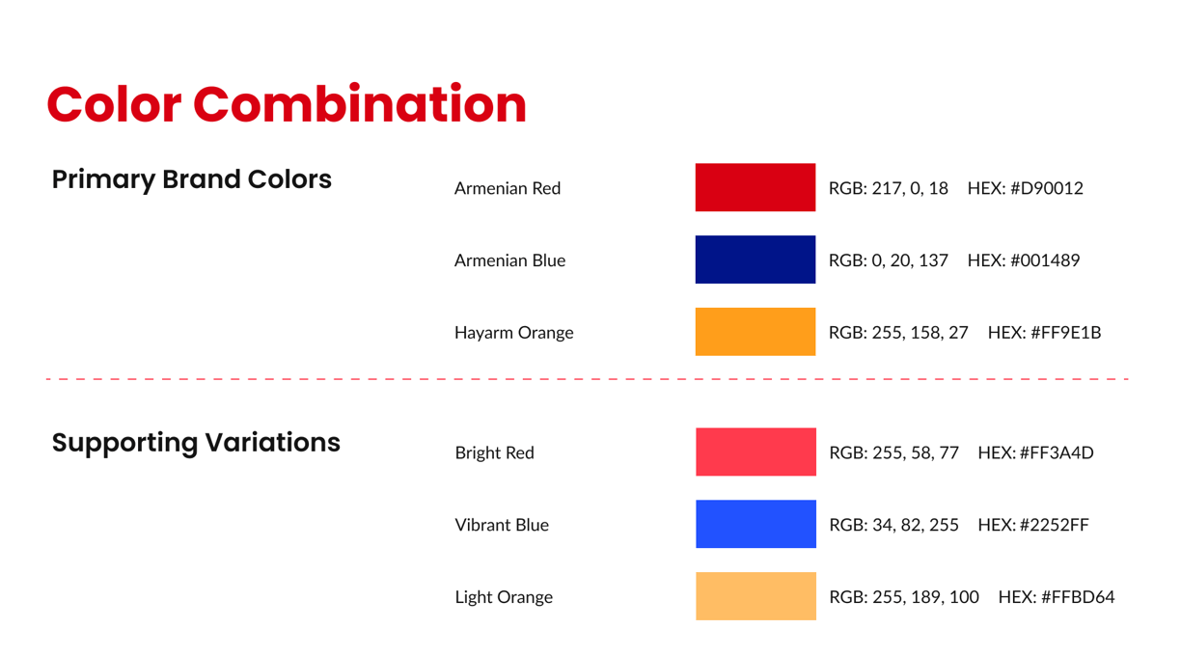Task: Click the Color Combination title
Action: click(287, 104)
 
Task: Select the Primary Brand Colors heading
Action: click(192, 179)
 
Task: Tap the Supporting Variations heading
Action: click(196, 443)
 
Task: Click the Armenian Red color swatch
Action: click(755, 187)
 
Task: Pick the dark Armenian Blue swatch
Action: click(755, 260)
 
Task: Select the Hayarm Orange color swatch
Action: click(755, 332)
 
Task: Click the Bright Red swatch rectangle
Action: click(755, 451)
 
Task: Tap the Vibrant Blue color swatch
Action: click(755, 524)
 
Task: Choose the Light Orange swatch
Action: click(755, 596)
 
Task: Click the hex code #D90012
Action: click(1047, 188)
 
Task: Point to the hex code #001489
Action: click(1045, 260)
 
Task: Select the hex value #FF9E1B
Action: click(1065, 333)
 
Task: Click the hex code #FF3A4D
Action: click(1057, 453)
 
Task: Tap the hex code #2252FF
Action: click(1055, 525)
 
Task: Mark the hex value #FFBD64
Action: click(1078, 597)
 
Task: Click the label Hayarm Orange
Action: click(514, 333)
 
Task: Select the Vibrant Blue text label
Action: click(502, 525)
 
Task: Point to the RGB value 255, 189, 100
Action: click(926, 597)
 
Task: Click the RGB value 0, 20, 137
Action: click(910, 260)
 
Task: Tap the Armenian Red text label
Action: click(508, 188)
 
